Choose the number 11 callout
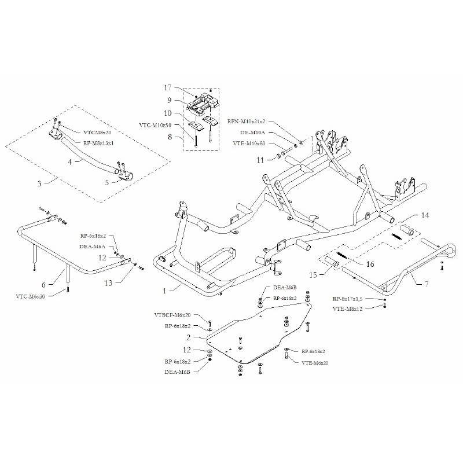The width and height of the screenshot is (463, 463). pos(260,159)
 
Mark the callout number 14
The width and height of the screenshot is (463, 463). pos(425,215)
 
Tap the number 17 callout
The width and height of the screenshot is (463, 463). pos(168,88)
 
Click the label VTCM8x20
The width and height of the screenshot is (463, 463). pos(97,132)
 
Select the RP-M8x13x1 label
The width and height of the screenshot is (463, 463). pos(98,142)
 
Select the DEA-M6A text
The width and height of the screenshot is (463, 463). pos(91,245)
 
